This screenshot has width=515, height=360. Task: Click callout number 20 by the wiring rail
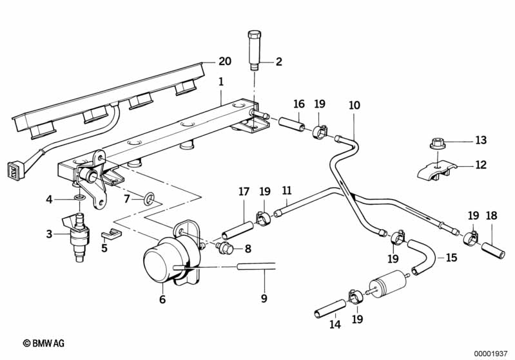coord(224,62)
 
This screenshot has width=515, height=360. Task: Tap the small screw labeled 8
coord(224,248)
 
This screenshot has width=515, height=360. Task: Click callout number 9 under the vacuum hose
coord(264,298)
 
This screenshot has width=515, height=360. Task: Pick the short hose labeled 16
coord(292,123)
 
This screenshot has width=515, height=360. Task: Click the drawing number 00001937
coord(491,353)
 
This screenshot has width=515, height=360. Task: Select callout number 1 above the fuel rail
coord(220,82)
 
